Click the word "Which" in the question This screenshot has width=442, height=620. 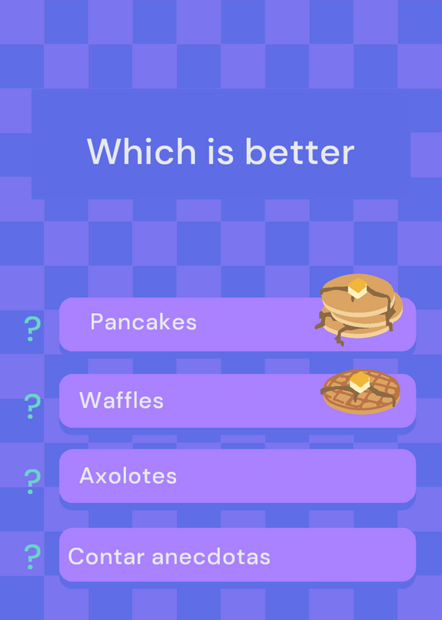(142, 151)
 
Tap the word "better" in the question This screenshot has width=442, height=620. (300, 151)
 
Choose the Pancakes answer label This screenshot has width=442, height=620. (143, 322)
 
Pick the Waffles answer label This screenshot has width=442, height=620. (122, 400)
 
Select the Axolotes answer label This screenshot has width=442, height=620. (128, 475)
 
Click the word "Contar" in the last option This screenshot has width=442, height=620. (106, 556)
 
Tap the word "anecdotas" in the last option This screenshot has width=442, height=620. (211, 556)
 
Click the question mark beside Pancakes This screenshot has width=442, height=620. (33, 329)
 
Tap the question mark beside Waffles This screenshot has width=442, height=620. (33, 406)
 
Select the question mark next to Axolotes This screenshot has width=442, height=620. (33, 481)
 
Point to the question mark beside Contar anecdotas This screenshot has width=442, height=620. (33, 556)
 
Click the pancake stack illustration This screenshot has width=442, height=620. (358, 309)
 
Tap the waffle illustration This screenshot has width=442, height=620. (361, 391)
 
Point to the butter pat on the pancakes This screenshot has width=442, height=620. (358, 288)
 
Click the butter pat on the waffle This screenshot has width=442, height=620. (360, 382)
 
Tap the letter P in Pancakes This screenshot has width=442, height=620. (98, 322)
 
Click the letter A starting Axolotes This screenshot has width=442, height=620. (87, 475)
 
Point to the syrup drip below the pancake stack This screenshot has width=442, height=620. (340, 337)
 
